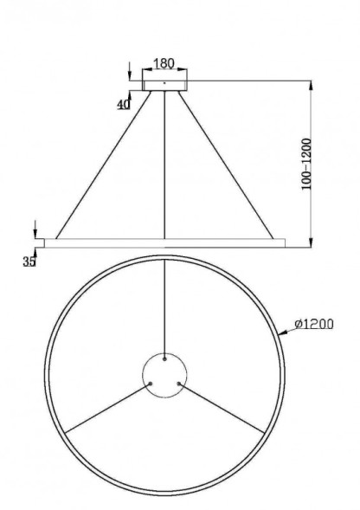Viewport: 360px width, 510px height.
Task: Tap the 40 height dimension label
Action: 123,104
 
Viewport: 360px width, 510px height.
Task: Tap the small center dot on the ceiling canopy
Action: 164,83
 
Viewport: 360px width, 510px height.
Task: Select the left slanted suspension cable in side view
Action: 102,164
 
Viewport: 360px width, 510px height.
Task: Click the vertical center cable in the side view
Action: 164,165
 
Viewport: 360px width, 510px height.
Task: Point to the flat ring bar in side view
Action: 164,242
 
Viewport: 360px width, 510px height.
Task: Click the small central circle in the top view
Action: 164,378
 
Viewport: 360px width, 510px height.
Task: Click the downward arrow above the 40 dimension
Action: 129,71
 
